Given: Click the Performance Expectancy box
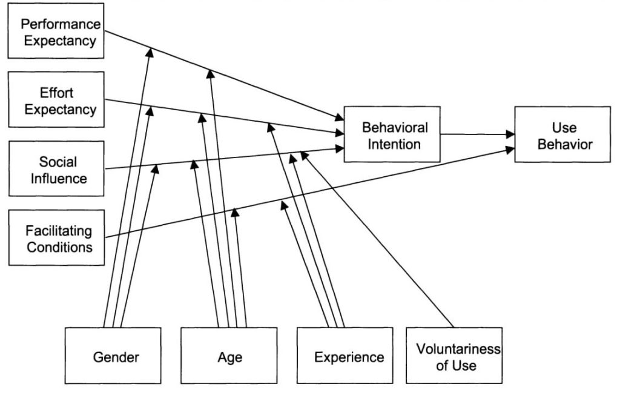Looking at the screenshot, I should [x=56, y=33].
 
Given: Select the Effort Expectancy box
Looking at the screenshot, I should [x=56, y=101].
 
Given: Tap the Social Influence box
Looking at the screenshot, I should [x=56, y=170].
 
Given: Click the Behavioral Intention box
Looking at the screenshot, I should [x=392, y=135].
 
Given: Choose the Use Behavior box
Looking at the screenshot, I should [x=562, y=135].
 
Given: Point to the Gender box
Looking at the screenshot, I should [x=113, y=356].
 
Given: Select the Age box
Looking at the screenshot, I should [x=229, y=356].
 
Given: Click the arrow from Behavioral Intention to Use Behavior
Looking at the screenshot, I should [x=478, y=134].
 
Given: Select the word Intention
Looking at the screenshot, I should [x=395, y=144].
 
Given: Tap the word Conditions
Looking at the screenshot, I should [x=59, y=247].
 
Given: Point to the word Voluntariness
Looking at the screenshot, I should [x=458, y=349].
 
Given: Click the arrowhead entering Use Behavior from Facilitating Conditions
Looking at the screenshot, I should [x=510, y=148].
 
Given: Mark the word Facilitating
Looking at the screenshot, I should [x=59, y=231].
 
